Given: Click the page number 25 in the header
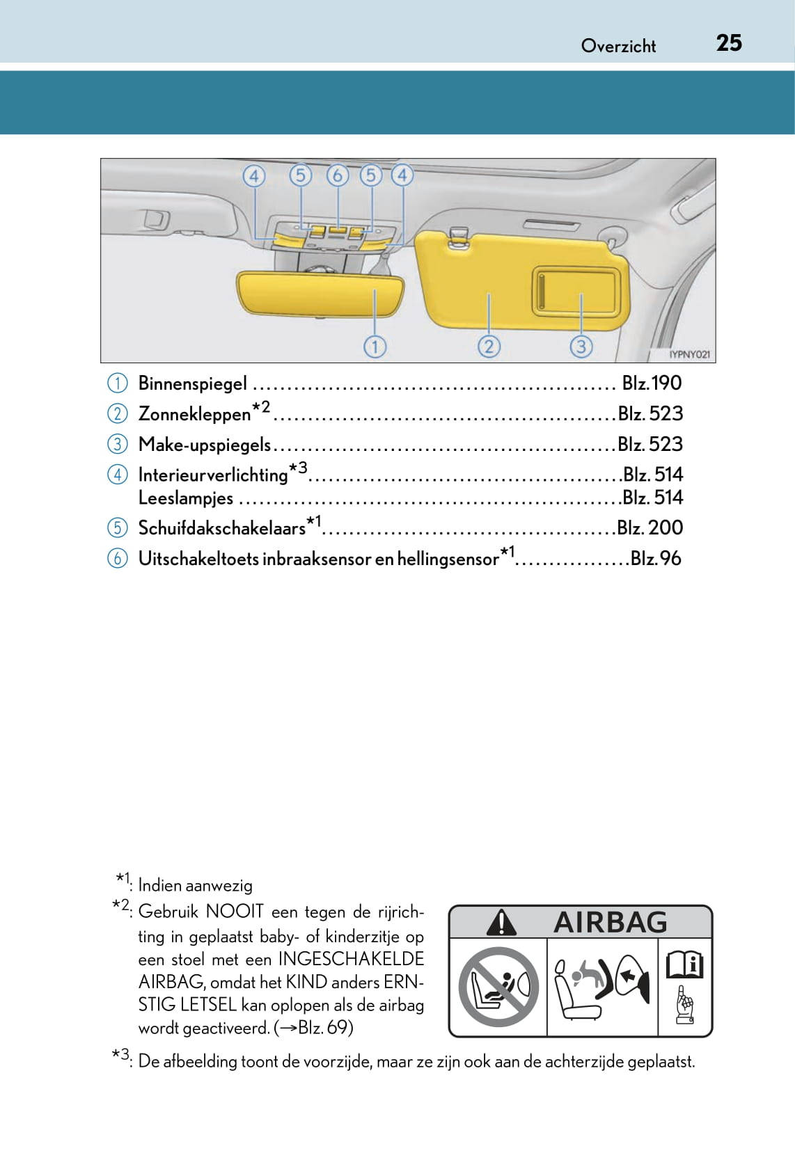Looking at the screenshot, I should [729, 43].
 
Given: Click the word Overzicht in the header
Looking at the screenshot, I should [618, 46].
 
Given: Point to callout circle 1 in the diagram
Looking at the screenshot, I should [375, 346].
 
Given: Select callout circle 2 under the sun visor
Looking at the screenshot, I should [489, 346].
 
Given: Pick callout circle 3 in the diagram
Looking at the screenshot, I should [581, 346].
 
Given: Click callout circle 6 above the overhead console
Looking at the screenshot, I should [337, 175].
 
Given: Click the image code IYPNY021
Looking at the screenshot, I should [689, 354].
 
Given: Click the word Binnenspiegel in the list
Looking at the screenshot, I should [193, 383].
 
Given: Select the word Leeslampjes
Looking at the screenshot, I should [186, 498].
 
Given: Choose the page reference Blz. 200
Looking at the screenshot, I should [650, 527].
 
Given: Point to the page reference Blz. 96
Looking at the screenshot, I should [655, 558].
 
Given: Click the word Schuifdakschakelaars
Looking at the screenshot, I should [222, 528].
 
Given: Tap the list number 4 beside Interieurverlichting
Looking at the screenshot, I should [118, 475].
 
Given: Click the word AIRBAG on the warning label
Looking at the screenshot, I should [610, 922].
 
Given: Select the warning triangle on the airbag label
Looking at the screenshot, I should [501, 923].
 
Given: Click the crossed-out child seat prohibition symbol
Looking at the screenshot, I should [498, 986].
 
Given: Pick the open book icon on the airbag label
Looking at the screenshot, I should [685, 965].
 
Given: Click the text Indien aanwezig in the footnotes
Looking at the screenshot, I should [195, 885].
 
